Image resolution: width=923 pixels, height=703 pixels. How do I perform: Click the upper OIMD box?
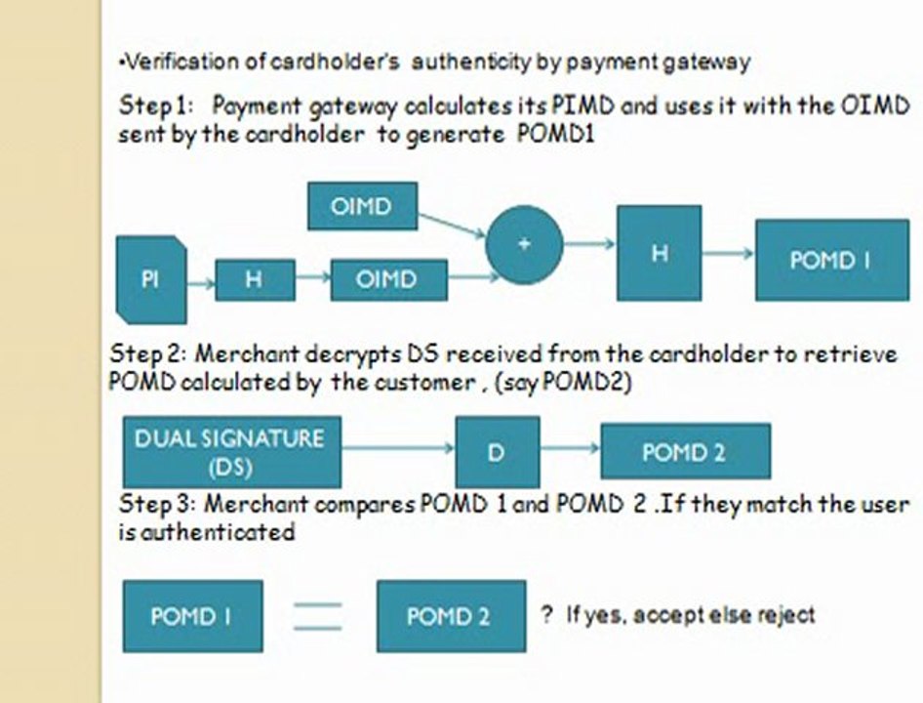point(362,206)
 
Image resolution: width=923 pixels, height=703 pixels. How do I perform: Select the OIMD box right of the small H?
point(388,279)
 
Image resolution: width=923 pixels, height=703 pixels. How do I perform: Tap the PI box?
point(148,279)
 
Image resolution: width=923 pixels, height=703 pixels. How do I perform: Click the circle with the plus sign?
point(524,244)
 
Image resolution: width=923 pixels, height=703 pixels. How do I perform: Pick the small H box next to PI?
point(254,280)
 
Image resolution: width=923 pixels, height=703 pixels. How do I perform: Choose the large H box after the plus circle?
point(659,253)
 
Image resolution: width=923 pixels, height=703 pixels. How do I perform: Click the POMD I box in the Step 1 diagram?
point(829,261)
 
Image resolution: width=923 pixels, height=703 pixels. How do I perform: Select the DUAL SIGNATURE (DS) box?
point(231,452)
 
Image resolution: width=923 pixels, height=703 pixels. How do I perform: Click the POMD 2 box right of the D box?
point(685,452)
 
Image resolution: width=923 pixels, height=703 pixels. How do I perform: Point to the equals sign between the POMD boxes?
point(319,616)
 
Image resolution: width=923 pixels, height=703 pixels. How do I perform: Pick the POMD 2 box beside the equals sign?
point(451,616)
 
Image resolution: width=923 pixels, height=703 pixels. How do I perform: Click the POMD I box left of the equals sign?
point(192,616)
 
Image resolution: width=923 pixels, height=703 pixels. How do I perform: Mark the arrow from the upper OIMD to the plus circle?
point(452,224)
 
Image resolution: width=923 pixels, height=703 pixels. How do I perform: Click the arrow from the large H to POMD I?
point(728,253)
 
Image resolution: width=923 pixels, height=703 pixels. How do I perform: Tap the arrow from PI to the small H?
point(200,283)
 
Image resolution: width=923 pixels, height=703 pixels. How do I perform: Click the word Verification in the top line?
point(166,62)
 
